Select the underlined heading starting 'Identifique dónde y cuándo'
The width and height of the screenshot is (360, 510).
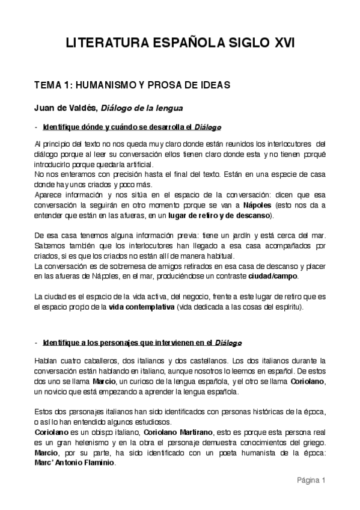[132, 127]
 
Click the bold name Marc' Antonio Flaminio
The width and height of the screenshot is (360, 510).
[75, 464]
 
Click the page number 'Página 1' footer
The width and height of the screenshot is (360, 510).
[310, 480]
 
